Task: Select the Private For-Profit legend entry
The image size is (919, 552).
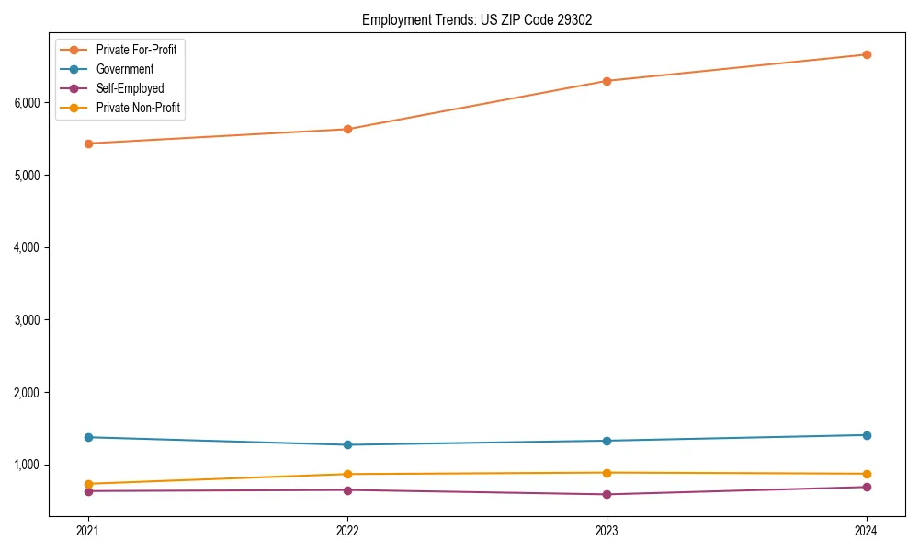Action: point(136,50)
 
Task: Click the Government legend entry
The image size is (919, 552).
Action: point(124,69)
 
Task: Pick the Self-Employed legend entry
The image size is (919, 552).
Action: point(130,88)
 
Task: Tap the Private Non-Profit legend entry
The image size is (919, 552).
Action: point(138,108)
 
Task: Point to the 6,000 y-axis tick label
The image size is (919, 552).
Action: point(27,103)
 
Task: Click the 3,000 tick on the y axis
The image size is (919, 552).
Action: point(27,320)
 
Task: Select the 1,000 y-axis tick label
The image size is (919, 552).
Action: point(27,465)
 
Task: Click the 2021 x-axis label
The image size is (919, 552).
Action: point(88,531)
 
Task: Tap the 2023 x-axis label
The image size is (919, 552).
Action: point(607,531)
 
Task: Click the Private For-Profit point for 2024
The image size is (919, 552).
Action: point(867,54)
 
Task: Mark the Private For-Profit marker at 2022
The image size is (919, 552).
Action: point(347,129)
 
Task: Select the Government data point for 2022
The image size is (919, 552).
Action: point(347,445)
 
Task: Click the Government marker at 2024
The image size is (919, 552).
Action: point(867,435)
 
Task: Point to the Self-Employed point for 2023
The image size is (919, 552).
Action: point(607,495)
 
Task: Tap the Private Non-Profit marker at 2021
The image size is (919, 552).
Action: point(88,484)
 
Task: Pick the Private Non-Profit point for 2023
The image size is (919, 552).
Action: point(607,473)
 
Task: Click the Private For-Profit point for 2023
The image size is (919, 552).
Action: point(607,81)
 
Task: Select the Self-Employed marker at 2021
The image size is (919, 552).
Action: point(88,491)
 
